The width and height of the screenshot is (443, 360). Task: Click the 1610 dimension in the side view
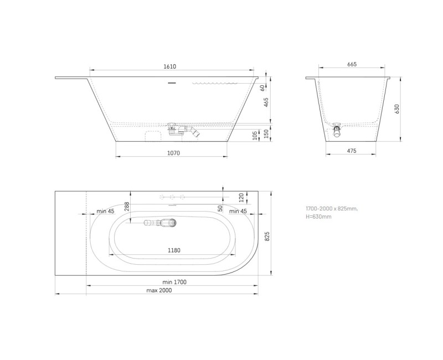[x=169, y=66]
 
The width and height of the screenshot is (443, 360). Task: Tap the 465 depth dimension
[x=266, y=102]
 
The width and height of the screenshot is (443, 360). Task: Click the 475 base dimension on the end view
[x=351, y=151]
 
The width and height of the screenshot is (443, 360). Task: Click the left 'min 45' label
[x=105, y=211]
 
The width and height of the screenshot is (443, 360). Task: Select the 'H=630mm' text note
[x=318, y=216]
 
